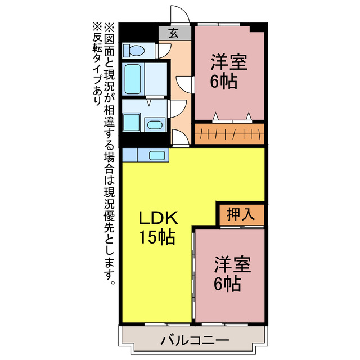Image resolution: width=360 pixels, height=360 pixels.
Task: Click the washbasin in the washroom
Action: pyautogui.click(x=155, y=124)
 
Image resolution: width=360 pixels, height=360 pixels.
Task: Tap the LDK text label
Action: pyautogui.click(x=159, y=218)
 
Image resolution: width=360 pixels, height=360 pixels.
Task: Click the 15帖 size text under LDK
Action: pyautogui.click(x=157, y=237)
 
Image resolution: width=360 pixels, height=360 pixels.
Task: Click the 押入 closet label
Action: pyautogui.click(x=241, y=214)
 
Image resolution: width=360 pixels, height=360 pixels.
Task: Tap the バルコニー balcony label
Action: pyautogui.click(x=194, y=340)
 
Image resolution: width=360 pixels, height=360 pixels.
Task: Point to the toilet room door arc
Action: pyautogui.click(x=163, y=51)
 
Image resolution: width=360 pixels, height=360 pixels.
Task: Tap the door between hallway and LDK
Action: pyautogui.click(x=179, y=137)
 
